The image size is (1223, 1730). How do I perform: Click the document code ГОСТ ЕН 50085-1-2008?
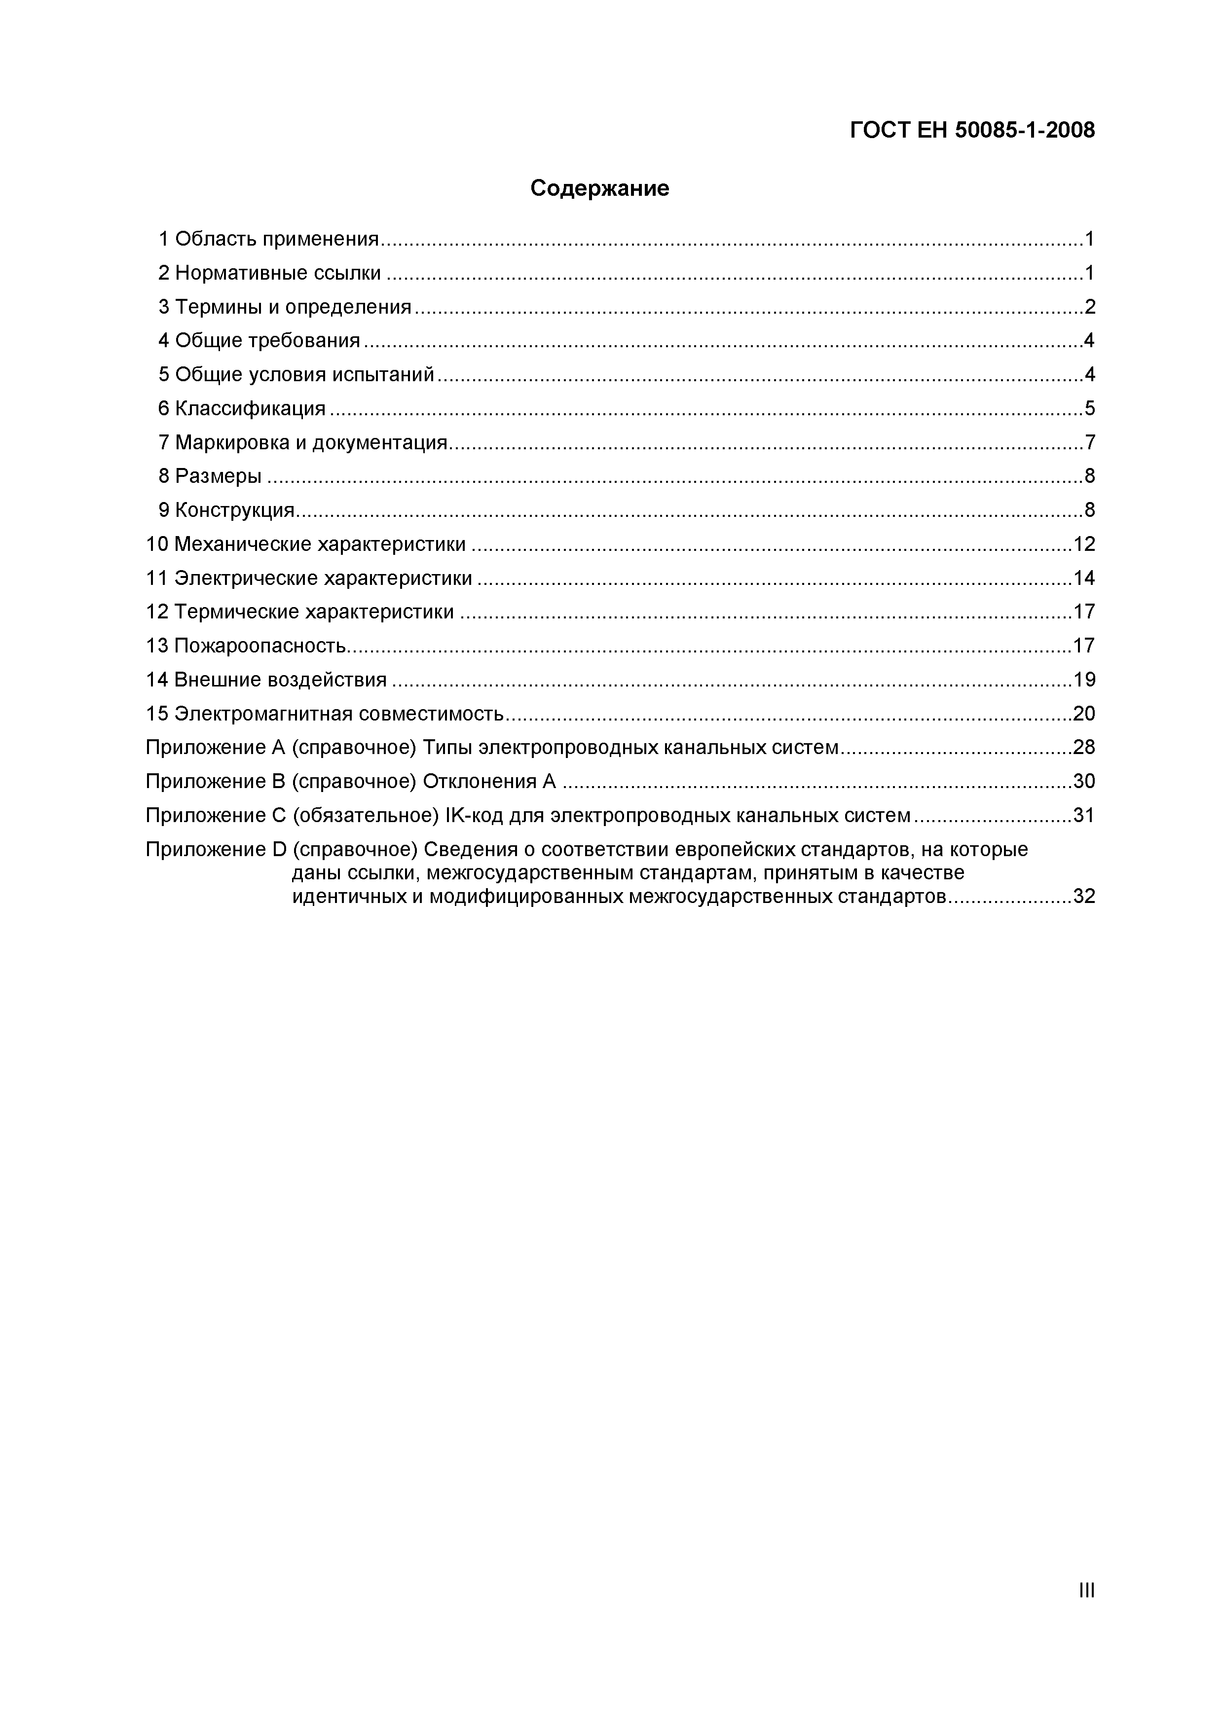tap(972, 130)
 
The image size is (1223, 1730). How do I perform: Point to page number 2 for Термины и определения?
tap(1089, 307)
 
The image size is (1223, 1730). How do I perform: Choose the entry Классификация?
tap(250, 408)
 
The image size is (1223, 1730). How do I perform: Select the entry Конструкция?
tap(234, 510)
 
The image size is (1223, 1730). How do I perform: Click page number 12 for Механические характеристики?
tap(1083, 544)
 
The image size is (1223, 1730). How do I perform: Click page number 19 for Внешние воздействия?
tap(1083, 680)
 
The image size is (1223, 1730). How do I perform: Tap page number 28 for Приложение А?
tap(1083, 748)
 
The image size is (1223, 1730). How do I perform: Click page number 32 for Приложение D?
tap(1083, 897)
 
